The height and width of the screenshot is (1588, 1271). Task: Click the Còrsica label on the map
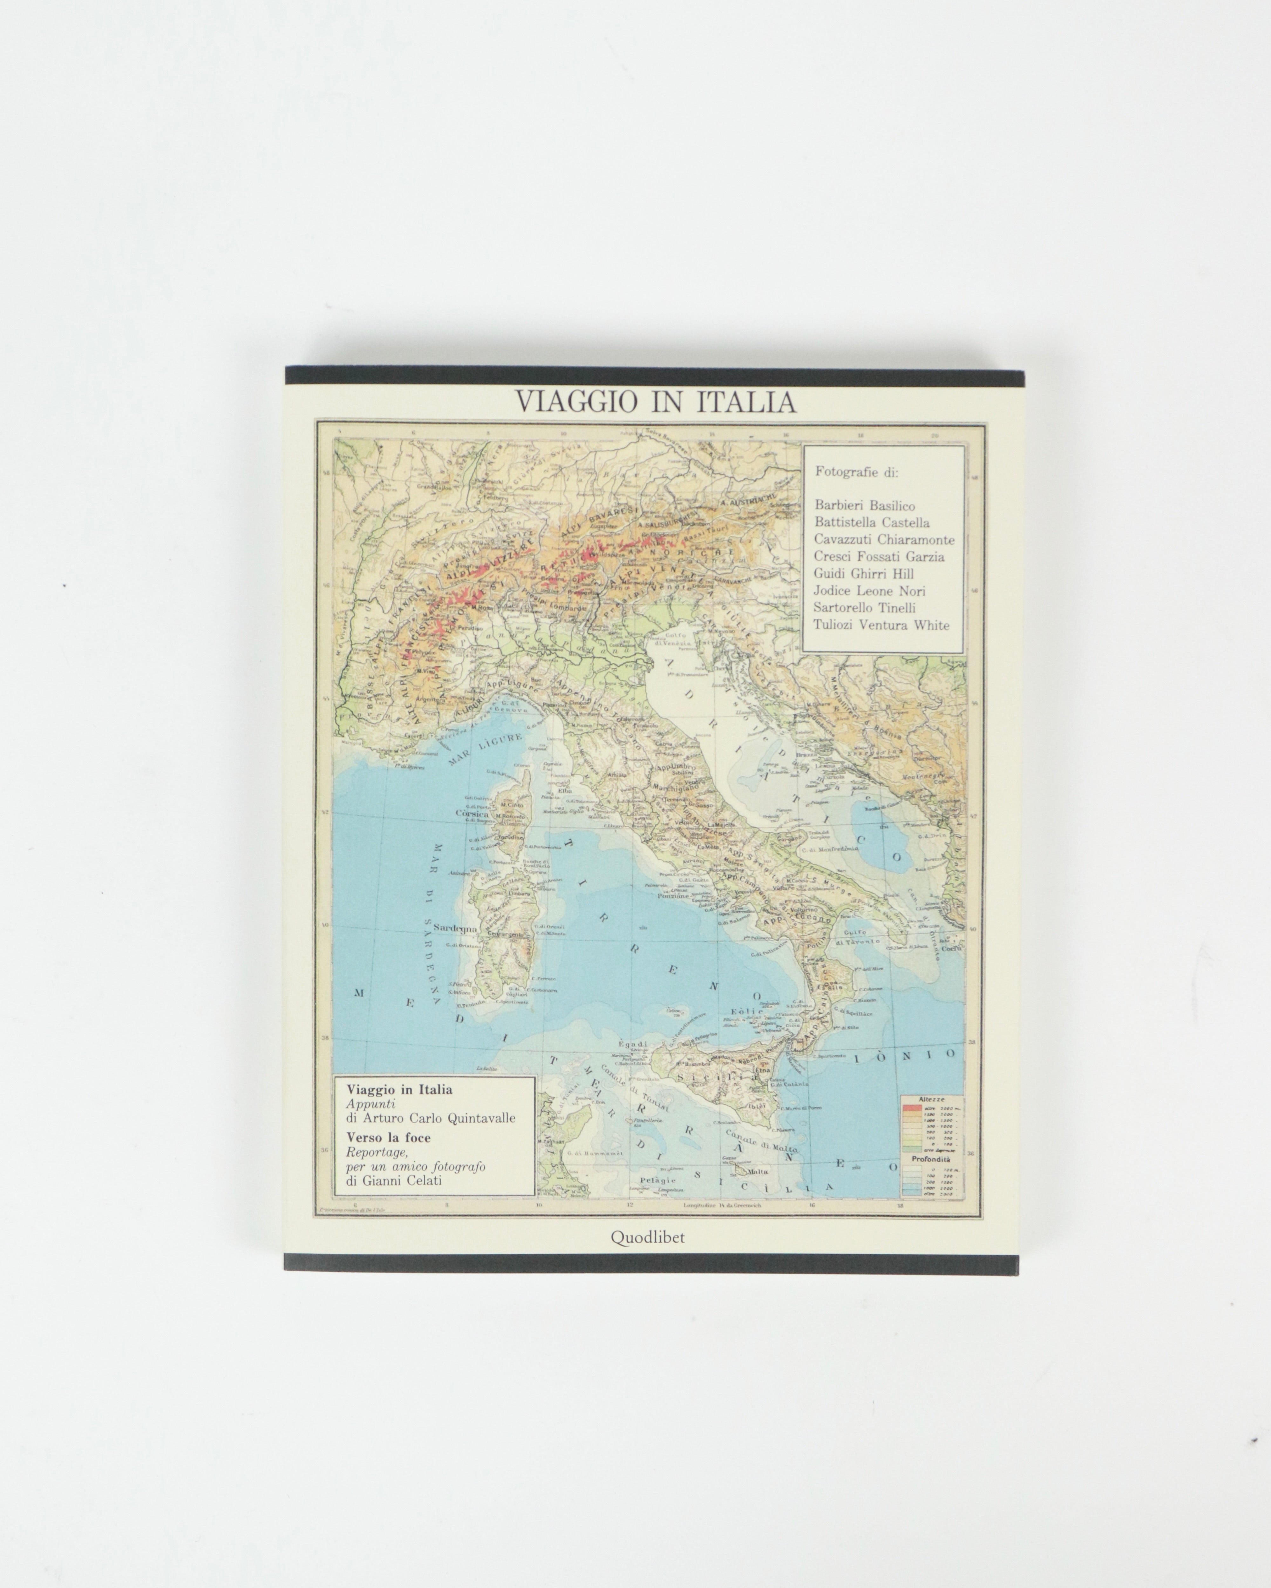click(472, 814)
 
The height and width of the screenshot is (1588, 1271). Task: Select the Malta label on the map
click(757, 1171)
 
